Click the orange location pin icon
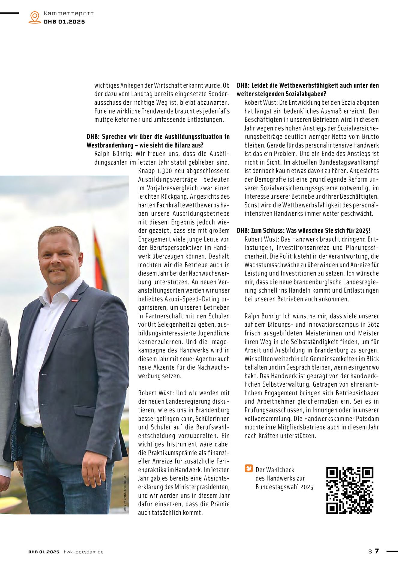[35, 17]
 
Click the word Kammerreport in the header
[69, 13]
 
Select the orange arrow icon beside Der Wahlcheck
[249, 468]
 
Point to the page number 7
[377, 551]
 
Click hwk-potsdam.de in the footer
[83, 552]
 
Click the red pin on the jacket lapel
[74, 300]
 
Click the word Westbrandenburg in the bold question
[110, 145]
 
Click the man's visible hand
[95, 471]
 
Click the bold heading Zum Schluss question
[303, 230]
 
